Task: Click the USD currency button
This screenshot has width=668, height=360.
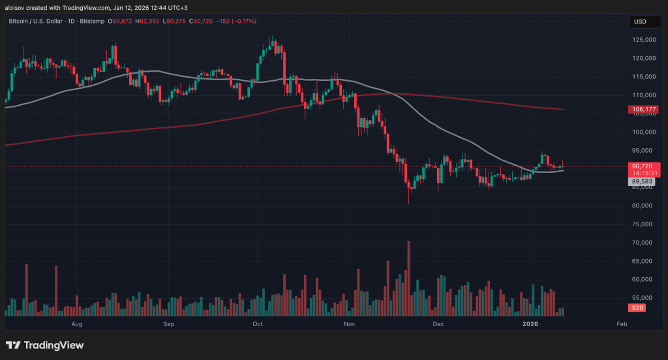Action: point(640,22)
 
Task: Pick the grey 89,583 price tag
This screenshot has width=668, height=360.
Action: point(640,182)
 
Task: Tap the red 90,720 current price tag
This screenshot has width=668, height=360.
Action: point(640,166)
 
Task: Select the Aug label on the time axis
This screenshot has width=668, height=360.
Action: point(76,324)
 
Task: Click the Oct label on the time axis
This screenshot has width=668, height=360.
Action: point(257,324)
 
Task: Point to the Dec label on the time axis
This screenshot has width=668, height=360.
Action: point(438,324)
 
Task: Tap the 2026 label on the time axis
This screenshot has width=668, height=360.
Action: point(530,324)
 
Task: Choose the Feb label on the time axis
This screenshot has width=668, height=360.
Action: point(622,324)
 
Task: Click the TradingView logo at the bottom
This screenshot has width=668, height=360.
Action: point(45,345)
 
